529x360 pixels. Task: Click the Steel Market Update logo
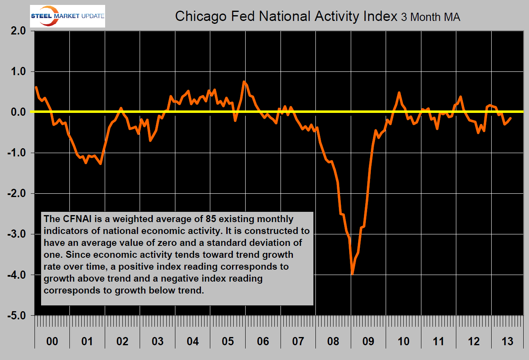(68, 16)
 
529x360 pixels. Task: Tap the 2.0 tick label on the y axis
(16, 31)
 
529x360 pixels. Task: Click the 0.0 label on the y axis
(16, 112)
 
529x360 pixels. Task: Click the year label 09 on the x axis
(368, 341)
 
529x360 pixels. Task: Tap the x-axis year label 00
(52, 341)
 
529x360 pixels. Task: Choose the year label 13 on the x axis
(508, 341)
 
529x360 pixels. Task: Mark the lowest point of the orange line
(352, 274)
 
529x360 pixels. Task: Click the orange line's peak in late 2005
(244, 82)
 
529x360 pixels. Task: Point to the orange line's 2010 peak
(399, 93)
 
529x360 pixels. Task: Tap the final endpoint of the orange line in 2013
(511, 118)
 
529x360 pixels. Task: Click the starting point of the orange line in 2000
(36, 87)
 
